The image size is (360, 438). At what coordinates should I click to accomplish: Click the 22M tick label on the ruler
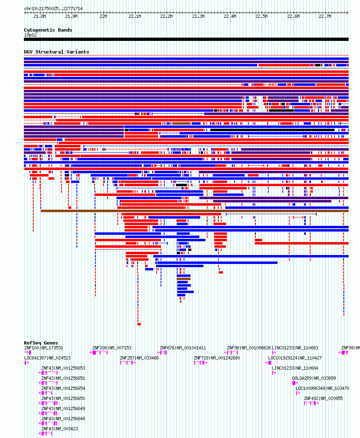[x=103, y=17]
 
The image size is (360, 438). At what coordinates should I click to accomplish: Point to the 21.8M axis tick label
[x=40, y=17]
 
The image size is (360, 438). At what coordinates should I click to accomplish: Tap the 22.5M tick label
[x=261, y=17]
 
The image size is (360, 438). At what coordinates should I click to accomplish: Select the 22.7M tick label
[x=325, y=17]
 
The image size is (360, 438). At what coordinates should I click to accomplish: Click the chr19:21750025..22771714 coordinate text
[x=53, y=9]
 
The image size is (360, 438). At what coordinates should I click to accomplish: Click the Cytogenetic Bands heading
[x=48, y=30]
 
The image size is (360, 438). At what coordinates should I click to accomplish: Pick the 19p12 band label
[x=31, y=35]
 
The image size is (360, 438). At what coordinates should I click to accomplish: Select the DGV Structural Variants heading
[x=57, y=52]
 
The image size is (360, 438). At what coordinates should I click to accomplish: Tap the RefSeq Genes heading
[x=41, y=343]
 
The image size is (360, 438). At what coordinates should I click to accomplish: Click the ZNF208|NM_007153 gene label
[x=112, y=348]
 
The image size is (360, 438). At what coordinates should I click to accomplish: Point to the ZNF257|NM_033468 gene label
[x=139, y=358]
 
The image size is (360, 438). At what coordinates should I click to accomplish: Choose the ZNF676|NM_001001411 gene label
[x=183, y=348]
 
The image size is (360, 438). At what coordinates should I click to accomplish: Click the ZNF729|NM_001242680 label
[x=217, y=358]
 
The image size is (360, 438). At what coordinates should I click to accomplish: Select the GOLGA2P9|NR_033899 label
[x=314, y=378]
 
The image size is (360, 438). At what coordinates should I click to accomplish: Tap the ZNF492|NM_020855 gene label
[x=323, y=398]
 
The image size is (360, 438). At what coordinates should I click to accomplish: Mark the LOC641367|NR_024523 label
[x=47, y=358]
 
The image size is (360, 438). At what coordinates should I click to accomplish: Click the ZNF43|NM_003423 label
[x=60, y=429]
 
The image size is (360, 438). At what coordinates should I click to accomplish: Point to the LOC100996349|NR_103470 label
[x=322, y=388]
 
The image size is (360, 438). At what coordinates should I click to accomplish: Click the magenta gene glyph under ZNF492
[x=311, y=403]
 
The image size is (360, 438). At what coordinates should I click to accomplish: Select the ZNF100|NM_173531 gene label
[x=44, y=348]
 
